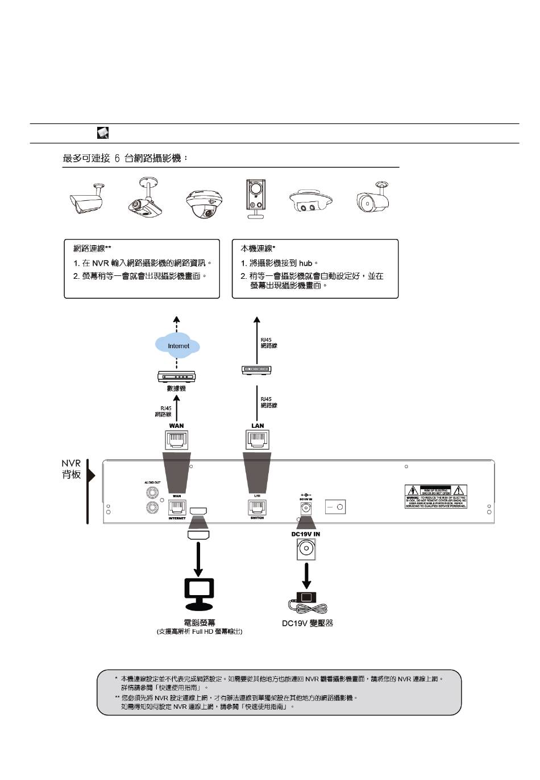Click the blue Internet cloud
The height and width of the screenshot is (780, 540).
(178, 345)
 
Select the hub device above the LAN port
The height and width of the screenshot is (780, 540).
(256, 370)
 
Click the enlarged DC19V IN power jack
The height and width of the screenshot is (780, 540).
(306, 549)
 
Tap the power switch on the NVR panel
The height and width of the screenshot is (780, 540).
(335, 506)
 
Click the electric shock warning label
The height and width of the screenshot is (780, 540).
(436, 497)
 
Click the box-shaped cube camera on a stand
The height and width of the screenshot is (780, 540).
(255, 199)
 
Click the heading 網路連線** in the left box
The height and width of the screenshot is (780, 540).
(92, 249)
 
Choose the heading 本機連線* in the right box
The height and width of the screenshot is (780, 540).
(257, 249)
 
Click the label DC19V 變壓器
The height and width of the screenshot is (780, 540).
(308, 624)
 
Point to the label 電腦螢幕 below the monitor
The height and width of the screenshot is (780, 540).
(200, 623)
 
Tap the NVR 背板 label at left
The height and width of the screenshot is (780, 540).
(72, 469)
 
